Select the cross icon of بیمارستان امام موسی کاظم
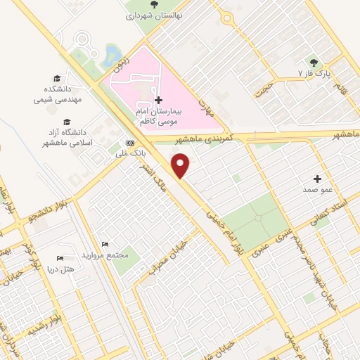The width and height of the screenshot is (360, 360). coord(158,101)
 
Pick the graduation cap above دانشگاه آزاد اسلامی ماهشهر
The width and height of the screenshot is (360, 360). coord(65,121)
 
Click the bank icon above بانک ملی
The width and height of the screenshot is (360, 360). coord(129,142)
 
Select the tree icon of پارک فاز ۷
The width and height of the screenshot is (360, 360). coord(314,62)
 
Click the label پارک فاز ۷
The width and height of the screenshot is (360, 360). coord(314,73)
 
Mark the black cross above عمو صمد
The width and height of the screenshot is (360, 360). coord(317,179)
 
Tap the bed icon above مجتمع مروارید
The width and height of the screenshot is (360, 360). coord(104,243)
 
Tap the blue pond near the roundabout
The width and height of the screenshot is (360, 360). coord(111,53)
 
